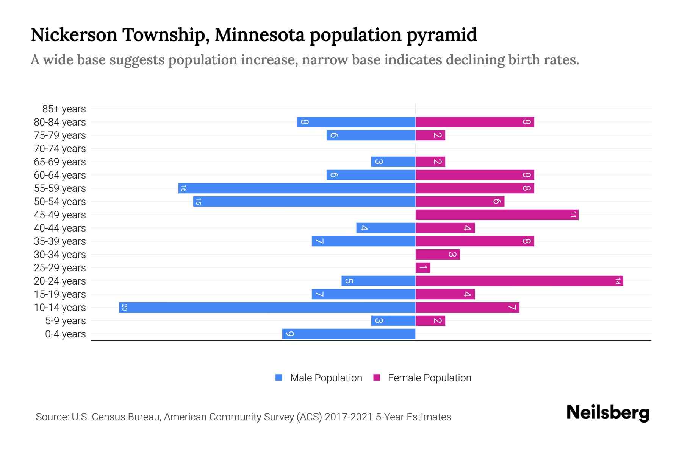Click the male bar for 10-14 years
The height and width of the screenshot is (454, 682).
click(x=267, y=307)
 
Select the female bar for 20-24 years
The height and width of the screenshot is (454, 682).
click(x=519, y=281)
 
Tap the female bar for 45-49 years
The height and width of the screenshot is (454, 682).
click(x=497, y=215)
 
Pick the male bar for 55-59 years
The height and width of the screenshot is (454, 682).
click(x=297, y=188)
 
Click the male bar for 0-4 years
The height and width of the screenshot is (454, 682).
click(x=349, y=334)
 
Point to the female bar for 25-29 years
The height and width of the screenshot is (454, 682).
click(x=423, y=268)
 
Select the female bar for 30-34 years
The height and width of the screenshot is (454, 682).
click(x=438, y=255)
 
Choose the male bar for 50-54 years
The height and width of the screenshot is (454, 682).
click(x=304, y=202)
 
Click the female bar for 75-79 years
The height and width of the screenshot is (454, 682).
click(x=430, y=135)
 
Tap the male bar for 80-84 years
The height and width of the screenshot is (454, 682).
click(x=356, y=122)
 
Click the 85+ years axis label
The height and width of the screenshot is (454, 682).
click(x=64, y=109)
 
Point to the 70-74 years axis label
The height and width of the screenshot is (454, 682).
click(x=60, y=149)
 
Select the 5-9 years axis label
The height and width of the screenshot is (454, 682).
click(x=66, y=321)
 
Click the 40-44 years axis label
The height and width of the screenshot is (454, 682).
click(x=60, y=228)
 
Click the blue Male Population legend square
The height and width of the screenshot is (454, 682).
click(x=279, y=378)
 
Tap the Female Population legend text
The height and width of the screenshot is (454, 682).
click(x=429, y=378)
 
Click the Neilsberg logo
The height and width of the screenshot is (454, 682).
click(x=608, y=413)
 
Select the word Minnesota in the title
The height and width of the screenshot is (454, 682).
click(x=260, y=35)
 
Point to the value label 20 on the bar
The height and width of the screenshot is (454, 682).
click(x=124, y=308)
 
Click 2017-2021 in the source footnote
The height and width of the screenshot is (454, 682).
click(x=348, y=417)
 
